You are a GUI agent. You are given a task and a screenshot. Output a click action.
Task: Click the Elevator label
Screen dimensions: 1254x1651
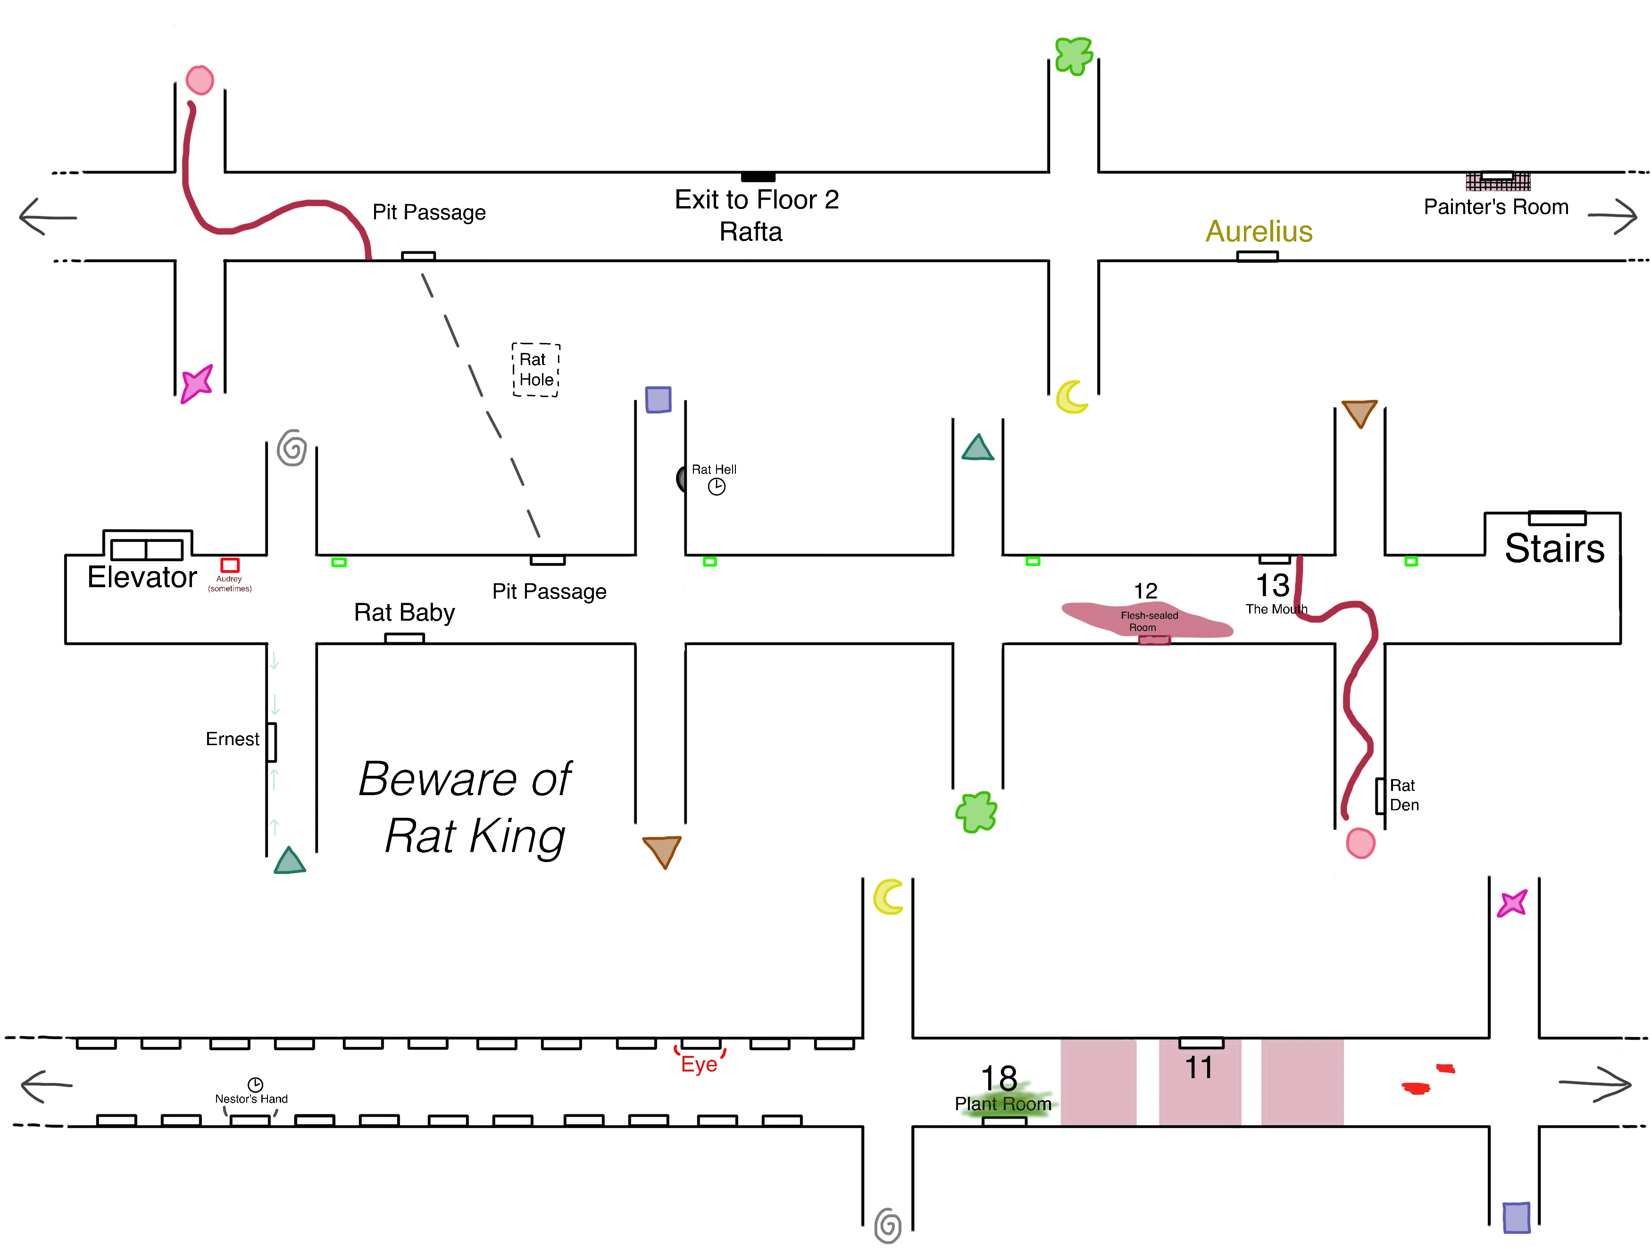click(x=142, y=577)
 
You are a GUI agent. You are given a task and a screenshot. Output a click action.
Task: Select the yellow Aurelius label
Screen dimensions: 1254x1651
click(x=1259, y=232)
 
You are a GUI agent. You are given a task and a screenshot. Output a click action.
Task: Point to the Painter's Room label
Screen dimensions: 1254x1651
click(x=1496, y=207)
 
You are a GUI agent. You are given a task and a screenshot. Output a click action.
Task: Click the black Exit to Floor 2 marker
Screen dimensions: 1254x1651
click(x=758, y=177)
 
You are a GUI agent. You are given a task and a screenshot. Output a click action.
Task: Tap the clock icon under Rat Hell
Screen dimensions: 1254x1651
click(x=717, y=487)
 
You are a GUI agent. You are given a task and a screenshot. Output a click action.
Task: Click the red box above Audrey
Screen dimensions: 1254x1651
click(x=230, y=565)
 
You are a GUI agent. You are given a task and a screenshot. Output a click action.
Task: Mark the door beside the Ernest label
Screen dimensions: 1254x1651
click(x=272, y=742)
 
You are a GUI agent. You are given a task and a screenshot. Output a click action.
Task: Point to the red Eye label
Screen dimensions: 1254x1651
click(x=700, y=1063)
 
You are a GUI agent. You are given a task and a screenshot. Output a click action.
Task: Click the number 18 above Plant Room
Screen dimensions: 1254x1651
click(x=999, y=1078)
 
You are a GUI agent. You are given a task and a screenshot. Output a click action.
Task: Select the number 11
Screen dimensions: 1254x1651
click(x=1199, y=1067)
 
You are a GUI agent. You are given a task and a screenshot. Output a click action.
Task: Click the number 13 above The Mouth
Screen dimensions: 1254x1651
click(x=1273, y=585)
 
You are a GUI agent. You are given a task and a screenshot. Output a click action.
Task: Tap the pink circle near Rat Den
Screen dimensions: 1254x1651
click(x=1360, y=843)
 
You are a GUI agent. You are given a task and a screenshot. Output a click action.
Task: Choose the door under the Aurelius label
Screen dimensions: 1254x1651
click(x=1258, y=257)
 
